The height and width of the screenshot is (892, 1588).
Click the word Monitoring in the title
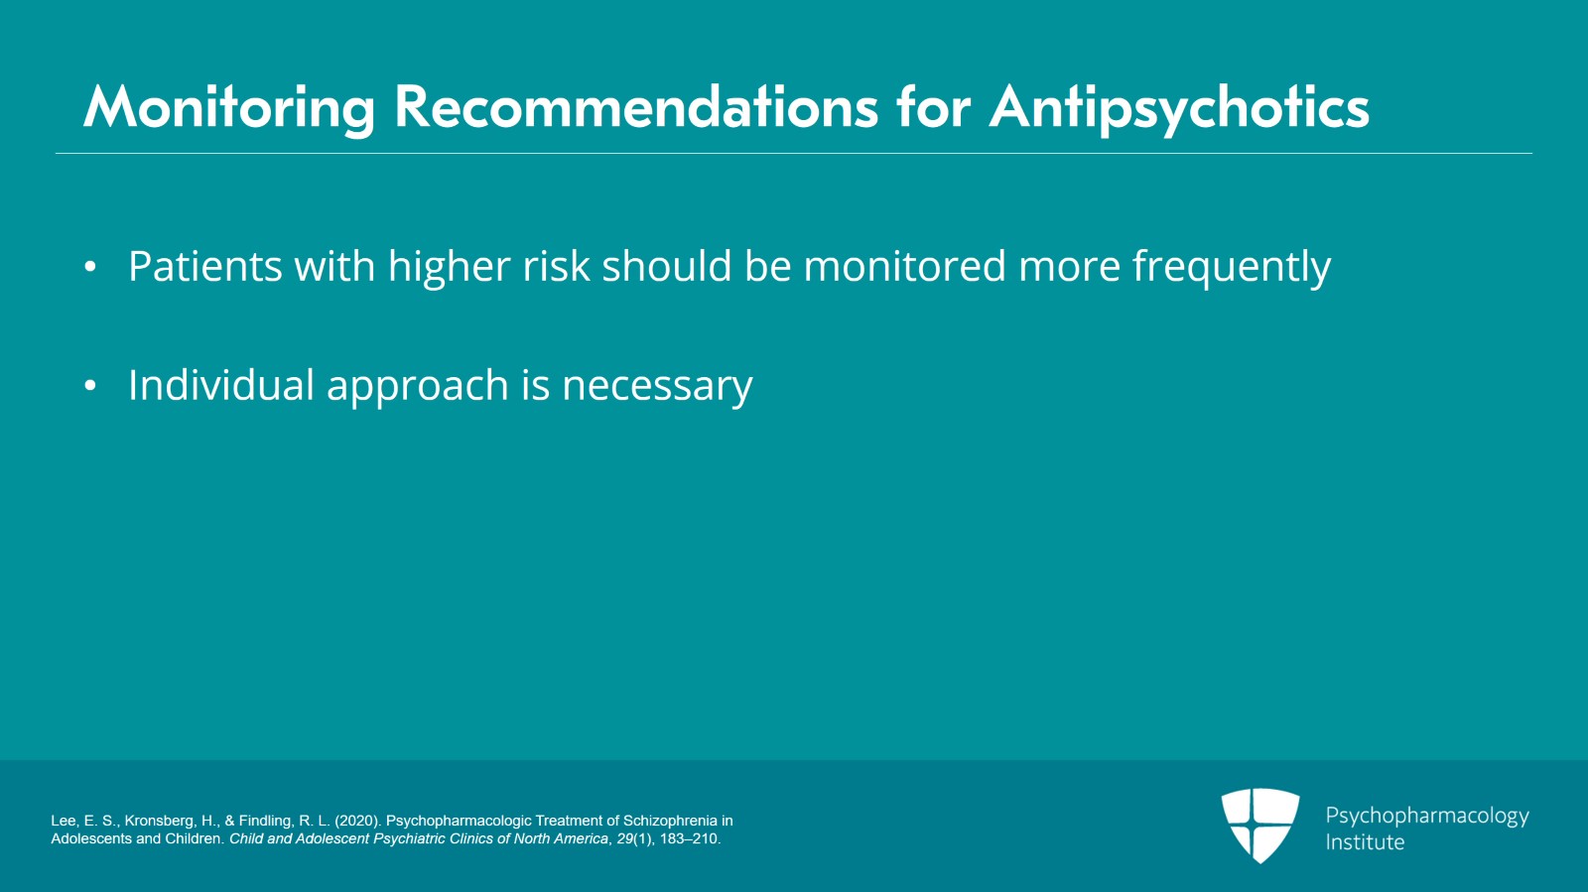point(229,108)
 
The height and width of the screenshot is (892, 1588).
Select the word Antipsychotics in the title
point(1179,108)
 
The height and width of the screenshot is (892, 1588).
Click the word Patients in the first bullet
point(205,266)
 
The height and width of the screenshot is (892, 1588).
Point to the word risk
point(557,266)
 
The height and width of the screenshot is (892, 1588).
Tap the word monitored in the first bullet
point(904,266)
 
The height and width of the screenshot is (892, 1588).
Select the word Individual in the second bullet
point(221,385)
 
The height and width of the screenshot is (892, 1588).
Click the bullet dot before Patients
point(90,267)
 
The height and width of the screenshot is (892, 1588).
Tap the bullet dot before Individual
point(90,386)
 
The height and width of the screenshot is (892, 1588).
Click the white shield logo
point(1260,826)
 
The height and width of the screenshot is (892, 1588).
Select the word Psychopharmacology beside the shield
point(1427,817)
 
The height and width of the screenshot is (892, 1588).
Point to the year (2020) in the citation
point(358,822)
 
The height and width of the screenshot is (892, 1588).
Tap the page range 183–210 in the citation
point(690,838)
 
